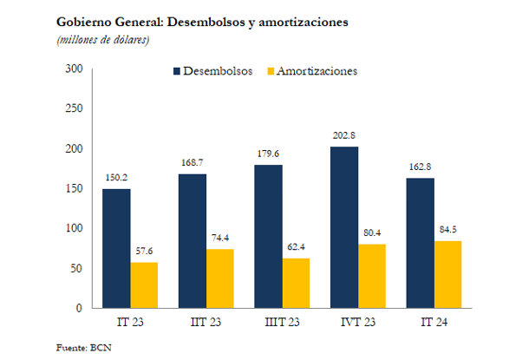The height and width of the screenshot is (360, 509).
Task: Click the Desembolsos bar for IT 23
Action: click(116, 248)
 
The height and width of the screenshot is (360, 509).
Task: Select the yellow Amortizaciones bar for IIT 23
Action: click(219, 278)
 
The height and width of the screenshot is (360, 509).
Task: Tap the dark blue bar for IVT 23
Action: click(344, 227)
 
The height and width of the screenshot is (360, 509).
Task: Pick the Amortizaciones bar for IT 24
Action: click(447, 274)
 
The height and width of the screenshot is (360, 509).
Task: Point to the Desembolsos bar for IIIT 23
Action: click(269, 236)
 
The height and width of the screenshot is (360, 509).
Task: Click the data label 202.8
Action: click(343, 135)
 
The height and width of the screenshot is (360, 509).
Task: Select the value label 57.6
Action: click(144, 251)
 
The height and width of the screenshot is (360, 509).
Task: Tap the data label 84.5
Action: click(448, 230)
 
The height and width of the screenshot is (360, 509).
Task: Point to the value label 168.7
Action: click(193, 162)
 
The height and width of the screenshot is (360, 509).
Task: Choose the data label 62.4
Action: click(296, 247)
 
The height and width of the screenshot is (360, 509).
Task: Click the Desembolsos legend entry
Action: click(213, 71)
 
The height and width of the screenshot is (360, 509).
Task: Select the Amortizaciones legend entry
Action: click(312, 71)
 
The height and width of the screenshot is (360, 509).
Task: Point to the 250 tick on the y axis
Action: click(74, 108)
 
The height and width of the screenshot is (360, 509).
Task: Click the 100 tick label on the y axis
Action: click(74, 228)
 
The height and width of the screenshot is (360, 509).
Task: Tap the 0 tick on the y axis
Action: click(79, 308)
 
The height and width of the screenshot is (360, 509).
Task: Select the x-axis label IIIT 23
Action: click(282, 322)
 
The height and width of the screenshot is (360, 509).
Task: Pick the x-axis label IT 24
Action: click(434, 322)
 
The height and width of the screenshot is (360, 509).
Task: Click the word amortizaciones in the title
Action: click(303, 22)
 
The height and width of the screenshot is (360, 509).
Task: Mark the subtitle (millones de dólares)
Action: click(103, 40)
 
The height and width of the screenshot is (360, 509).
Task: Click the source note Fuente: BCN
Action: click(84, 348)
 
